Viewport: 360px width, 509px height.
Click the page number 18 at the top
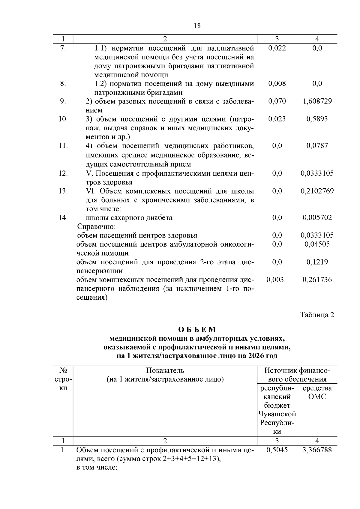coord(197,26)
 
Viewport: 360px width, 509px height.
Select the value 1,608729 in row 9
coord(317,101)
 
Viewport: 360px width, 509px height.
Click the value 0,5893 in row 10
coord(317,119)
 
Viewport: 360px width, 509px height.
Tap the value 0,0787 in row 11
coord(317,146)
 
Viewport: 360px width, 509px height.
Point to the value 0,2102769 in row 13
coord(317,191)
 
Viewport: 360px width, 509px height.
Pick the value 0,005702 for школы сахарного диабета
coord(317,218)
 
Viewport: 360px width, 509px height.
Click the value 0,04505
coord(317,244)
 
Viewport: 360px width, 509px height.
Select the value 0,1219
coord(317,262)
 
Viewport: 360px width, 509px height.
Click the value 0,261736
coord(317,280)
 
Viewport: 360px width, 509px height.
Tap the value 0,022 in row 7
coord(277,48)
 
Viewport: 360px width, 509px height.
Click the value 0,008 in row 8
coord(277,84)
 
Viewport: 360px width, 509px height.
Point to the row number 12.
coord(63,173)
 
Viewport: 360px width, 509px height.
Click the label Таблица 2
coord(317,315)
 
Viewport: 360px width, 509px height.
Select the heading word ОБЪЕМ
coord(197,330)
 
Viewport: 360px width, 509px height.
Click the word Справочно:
coord(96,226)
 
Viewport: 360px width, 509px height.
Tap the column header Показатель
coord(165,371)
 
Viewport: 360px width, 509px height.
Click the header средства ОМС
coord(317,392)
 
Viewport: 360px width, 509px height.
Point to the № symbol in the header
coord(63,371)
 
